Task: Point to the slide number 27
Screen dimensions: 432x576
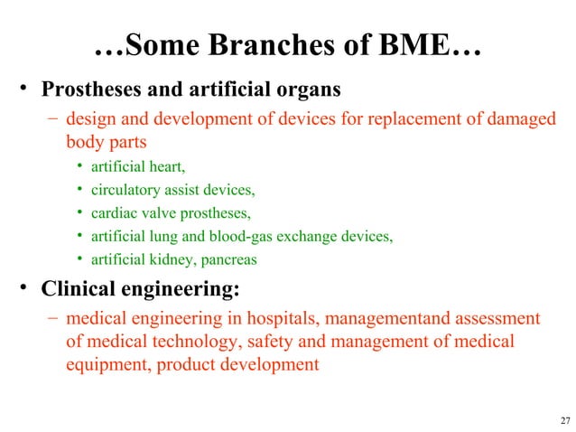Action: [565, 419]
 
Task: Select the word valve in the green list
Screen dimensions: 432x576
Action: [158, 213]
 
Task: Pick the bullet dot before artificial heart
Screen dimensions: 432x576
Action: [80, 166]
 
